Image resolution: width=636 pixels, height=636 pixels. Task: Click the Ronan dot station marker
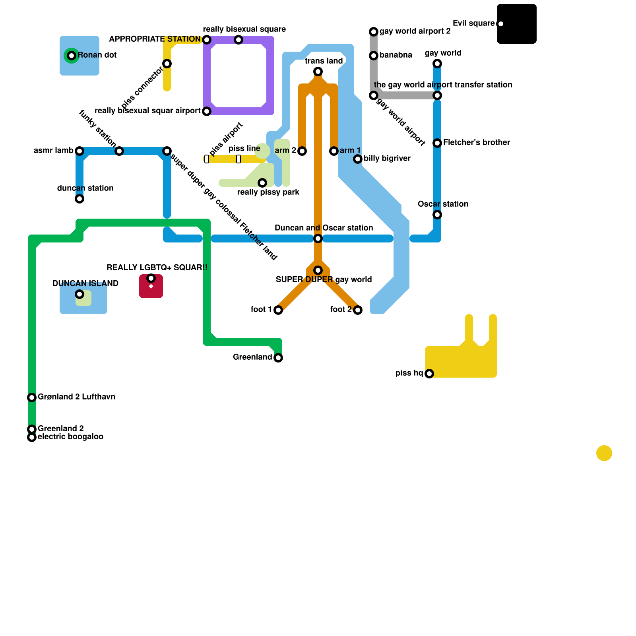point(72,56)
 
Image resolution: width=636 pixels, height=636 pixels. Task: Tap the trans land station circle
point(318,72)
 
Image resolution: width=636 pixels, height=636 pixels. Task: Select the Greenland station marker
point(278,358)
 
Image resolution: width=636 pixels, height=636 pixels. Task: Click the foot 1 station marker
point(278,310)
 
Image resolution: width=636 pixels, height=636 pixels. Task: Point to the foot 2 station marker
point(358,310)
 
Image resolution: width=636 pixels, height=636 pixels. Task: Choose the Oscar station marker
point(437,215)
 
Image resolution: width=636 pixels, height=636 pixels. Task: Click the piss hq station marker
point(429,374)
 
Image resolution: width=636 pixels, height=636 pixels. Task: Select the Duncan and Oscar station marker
point(318,238)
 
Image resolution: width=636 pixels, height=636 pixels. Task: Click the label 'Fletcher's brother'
point(477,143)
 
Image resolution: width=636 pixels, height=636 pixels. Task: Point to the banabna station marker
point(374,56)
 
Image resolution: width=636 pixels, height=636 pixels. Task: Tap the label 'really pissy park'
point(268,192)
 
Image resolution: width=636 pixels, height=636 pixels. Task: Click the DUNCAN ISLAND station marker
point(79,294)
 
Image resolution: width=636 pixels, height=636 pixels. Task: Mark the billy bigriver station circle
point(358,159)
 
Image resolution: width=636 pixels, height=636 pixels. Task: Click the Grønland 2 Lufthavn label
point(76,397)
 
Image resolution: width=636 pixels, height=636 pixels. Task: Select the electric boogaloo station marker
point(32,437)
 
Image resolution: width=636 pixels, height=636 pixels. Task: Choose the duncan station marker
point(79,199)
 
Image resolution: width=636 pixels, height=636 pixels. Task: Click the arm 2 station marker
point(302,151)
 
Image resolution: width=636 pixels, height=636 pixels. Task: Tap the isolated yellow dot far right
point(604,453)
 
